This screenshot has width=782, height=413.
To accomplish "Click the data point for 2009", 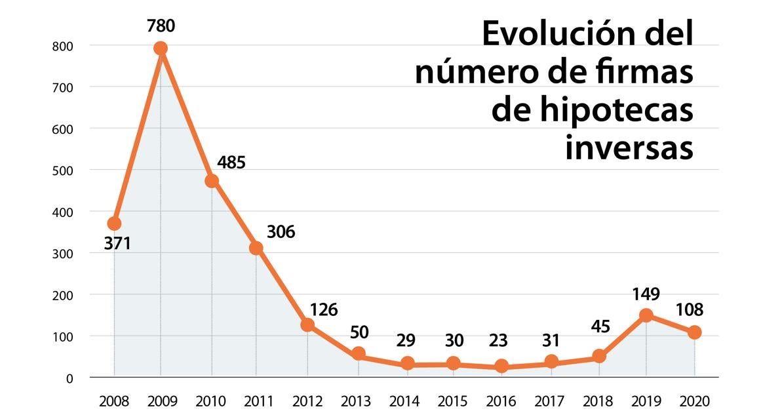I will [161, 49].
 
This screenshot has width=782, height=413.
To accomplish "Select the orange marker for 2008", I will [114, 224].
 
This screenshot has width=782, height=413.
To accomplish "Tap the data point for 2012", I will [307, 324].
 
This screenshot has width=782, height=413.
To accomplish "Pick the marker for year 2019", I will [646, 315].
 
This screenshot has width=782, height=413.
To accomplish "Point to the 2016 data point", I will [501, 366].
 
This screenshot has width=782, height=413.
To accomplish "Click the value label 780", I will [161, 26].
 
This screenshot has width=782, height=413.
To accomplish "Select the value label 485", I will [231, 162].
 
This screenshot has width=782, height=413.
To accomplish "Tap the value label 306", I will [281, 231].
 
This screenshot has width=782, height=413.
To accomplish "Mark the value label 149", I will [646, 293].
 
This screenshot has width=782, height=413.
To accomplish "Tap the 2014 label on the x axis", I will [404, 400].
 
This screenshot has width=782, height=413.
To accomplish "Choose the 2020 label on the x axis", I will [694, 400].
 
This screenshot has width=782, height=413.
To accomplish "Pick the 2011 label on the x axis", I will [259, 400].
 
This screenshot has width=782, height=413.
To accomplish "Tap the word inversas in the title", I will [629, 148].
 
